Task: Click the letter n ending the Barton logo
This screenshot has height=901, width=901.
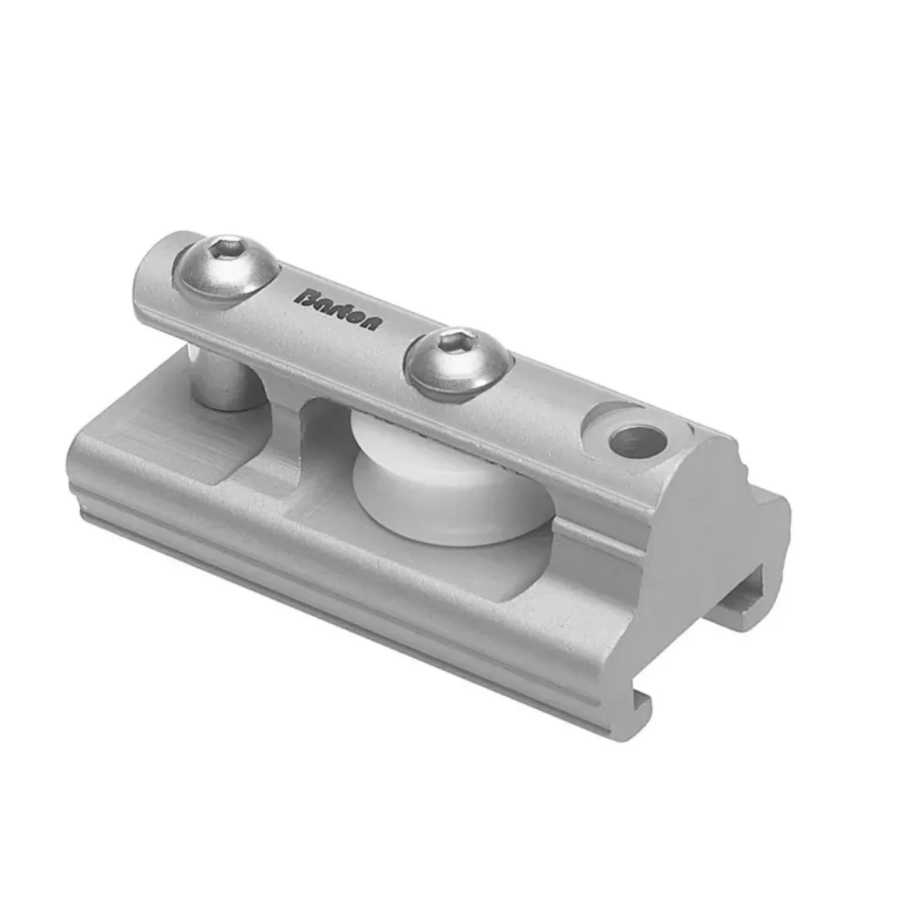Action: click(371, 323)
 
